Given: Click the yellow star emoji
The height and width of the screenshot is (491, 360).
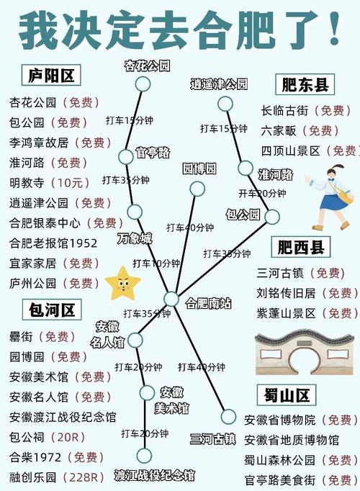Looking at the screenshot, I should click(122, 283).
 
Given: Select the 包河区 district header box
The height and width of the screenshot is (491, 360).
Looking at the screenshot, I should click(52, 311).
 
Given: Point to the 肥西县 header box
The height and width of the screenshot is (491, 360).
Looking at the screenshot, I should click(302, 247).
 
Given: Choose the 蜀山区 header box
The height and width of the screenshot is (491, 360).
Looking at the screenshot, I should click(286, 395).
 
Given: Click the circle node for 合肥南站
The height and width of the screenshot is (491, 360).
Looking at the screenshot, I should click(171, 299).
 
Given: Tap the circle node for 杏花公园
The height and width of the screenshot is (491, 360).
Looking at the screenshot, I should click(143, 84).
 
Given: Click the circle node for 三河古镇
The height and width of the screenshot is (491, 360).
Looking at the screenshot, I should click(228, 416).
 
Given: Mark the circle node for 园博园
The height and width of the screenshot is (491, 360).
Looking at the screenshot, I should click(197, 189).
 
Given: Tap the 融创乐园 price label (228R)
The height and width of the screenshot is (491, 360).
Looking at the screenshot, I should click(85, 477).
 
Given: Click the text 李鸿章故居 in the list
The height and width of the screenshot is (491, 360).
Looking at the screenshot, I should click(40, 143).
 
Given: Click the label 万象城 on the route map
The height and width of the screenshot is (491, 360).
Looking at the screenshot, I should click(135, 238).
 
